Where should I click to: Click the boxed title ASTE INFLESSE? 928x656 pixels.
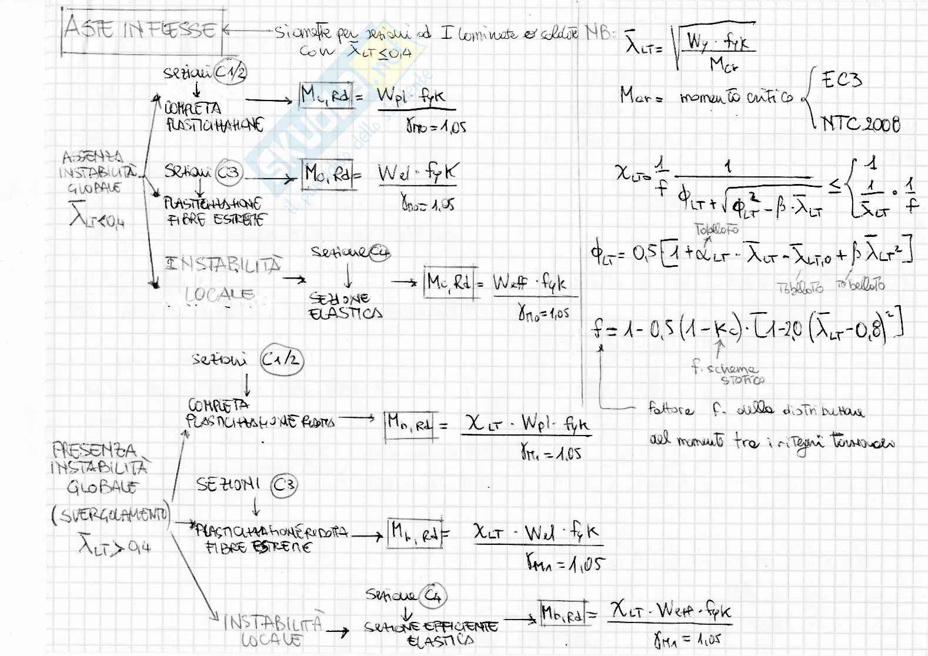[141, 29]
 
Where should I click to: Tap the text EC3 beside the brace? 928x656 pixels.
[842, 79]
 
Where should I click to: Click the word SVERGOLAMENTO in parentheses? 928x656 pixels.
[111, 516]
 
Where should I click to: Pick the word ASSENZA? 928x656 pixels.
[93, 157]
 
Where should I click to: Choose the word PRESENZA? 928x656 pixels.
[94, 451]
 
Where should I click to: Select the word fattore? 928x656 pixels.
[670, 409]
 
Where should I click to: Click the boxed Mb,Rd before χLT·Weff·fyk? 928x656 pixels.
[562, 614]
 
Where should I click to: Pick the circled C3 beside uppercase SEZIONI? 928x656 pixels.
[285, 486]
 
